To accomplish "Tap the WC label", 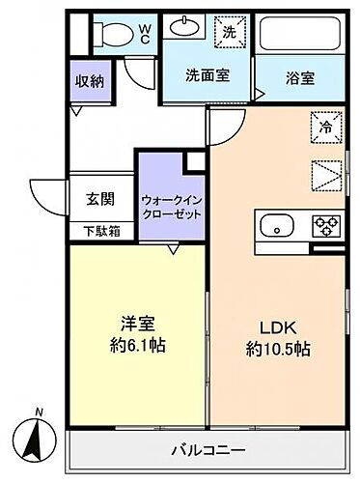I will [142, 34].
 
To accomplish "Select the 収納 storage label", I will [91, 79].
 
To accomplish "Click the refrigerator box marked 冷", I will [325, 125].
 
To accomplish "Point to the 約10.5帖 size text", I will [279, 347].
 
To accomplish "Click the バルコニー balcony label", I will [208, 449].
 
